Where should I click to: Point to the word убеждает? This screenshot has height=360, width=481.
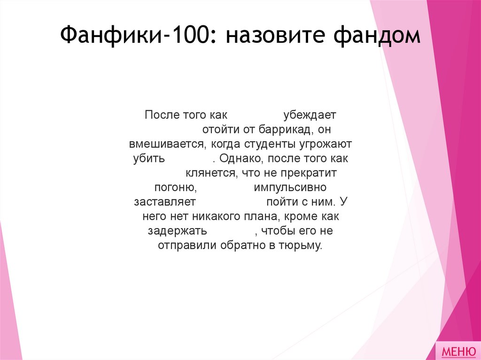click(310, 115)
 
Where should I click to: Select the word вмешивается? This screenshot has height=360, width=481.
click(166, 144)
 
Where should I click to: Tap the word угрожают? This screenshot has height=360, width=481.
click(327, 144)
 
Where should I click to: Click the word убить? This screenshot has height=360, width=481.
click(149, 158)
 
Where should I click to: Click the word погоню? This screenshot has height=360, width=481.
click(175, 187)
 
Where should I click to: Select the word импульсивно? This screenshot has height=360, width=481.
click(290, 187)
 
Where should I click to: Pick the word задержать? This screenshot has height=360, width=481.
click(178, 231)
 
